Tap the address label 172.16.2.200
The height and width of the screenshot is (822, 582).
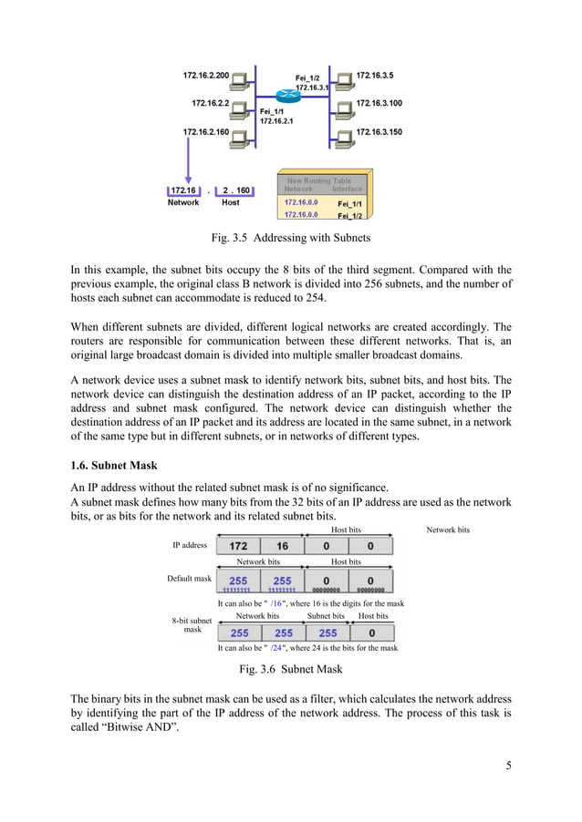point(206,75)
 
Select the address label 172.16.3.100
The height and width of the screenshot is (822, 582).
point(379,104)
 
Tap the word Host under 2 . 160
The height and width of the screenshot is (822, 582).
point(231,203)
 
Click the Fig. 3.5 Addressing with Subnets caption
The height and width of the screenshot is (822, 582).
point(290,241)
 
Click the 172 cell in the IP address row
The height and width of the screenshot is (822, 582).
point(238,546)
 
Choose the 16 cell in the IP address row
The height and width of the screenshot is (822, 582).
point(283,546)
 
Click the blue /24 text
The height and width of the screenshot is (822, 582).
point(276,649)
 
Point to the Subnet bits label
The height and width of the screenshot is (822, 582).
point(326,616)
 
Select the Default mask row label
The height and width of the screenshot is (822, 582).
point(189,579)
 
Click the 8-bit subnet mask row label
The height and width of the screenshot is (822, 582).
point(192,625)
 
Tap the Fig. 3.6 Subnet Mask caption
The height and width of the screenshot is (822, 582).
point(290,670)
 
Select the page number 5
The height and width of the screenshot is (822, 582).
point(508,765)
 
